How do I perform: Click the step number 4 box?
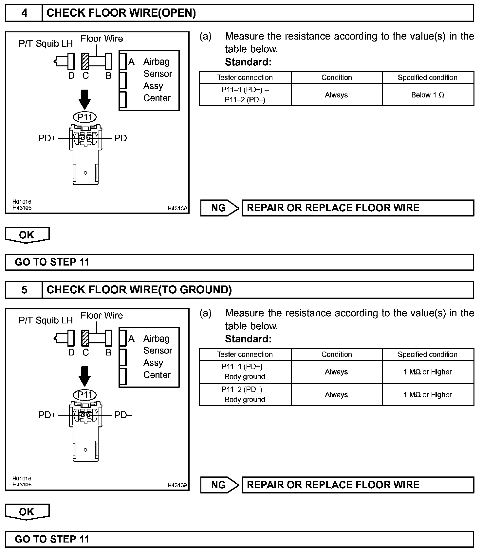tap(24, 13)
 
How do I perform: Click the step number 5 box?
tap(24, 290)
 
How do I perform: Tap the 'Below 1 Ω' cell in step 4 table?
tap(428, 95)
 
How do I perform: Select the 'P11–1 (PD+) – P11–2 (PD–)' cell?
tap(245, 95)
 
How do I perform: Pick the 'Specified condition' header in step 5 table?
tap(428, 354)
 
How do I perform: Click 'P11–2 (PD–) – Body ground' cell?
tap(245, 394)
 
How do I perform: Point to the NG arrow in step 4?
tap(219, 208)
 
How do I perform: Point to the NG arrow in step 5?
tap(219, 485)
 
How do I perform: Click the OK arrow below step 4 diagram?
tap(27, 235)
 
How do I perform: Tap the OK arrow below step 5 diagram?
tap(27, 512)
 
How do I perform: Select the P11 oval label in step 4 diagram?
tap(85, 117)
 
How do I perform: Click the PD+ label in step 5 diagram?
tap(47, 415)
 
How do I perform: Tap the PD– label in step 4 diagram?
tap(123, 138)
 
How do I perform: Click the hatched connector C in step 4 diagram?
tap(85, 61)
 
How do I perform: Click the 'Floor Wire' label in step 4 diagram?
tap(102, 39)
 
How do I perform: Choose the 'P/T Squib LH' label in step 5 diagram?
tap(46, 320)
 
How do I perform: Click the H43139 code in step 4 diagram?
tap(177, 208)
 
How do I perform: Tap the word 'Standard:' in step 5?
tap(248, 339)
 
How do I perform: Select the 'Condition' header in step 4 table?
tap(336, 78)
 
